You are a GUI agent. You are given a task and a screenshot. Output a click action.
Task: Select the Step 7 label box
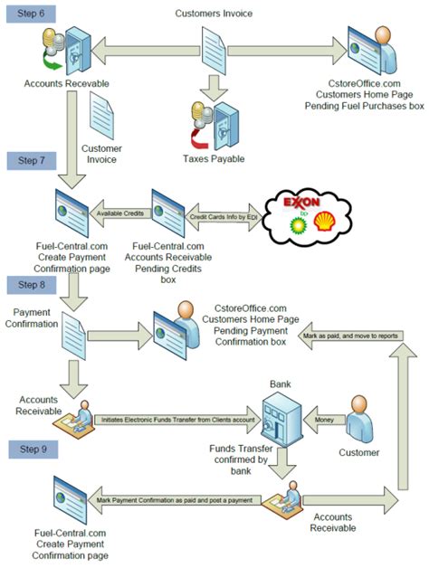tap(29, 160)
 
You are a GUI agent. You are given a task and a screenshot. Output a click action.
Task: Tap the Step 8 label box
tap(29, 286)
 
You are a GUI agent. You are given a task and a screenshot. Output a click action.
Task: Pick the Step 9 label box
tap(29, 448)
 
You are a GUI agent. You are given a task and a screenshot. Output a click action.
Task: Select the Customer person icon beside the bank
tap(361, 417)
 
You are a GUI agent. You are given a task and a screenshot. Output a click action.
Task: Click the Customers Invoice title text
tap(214, 12)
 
